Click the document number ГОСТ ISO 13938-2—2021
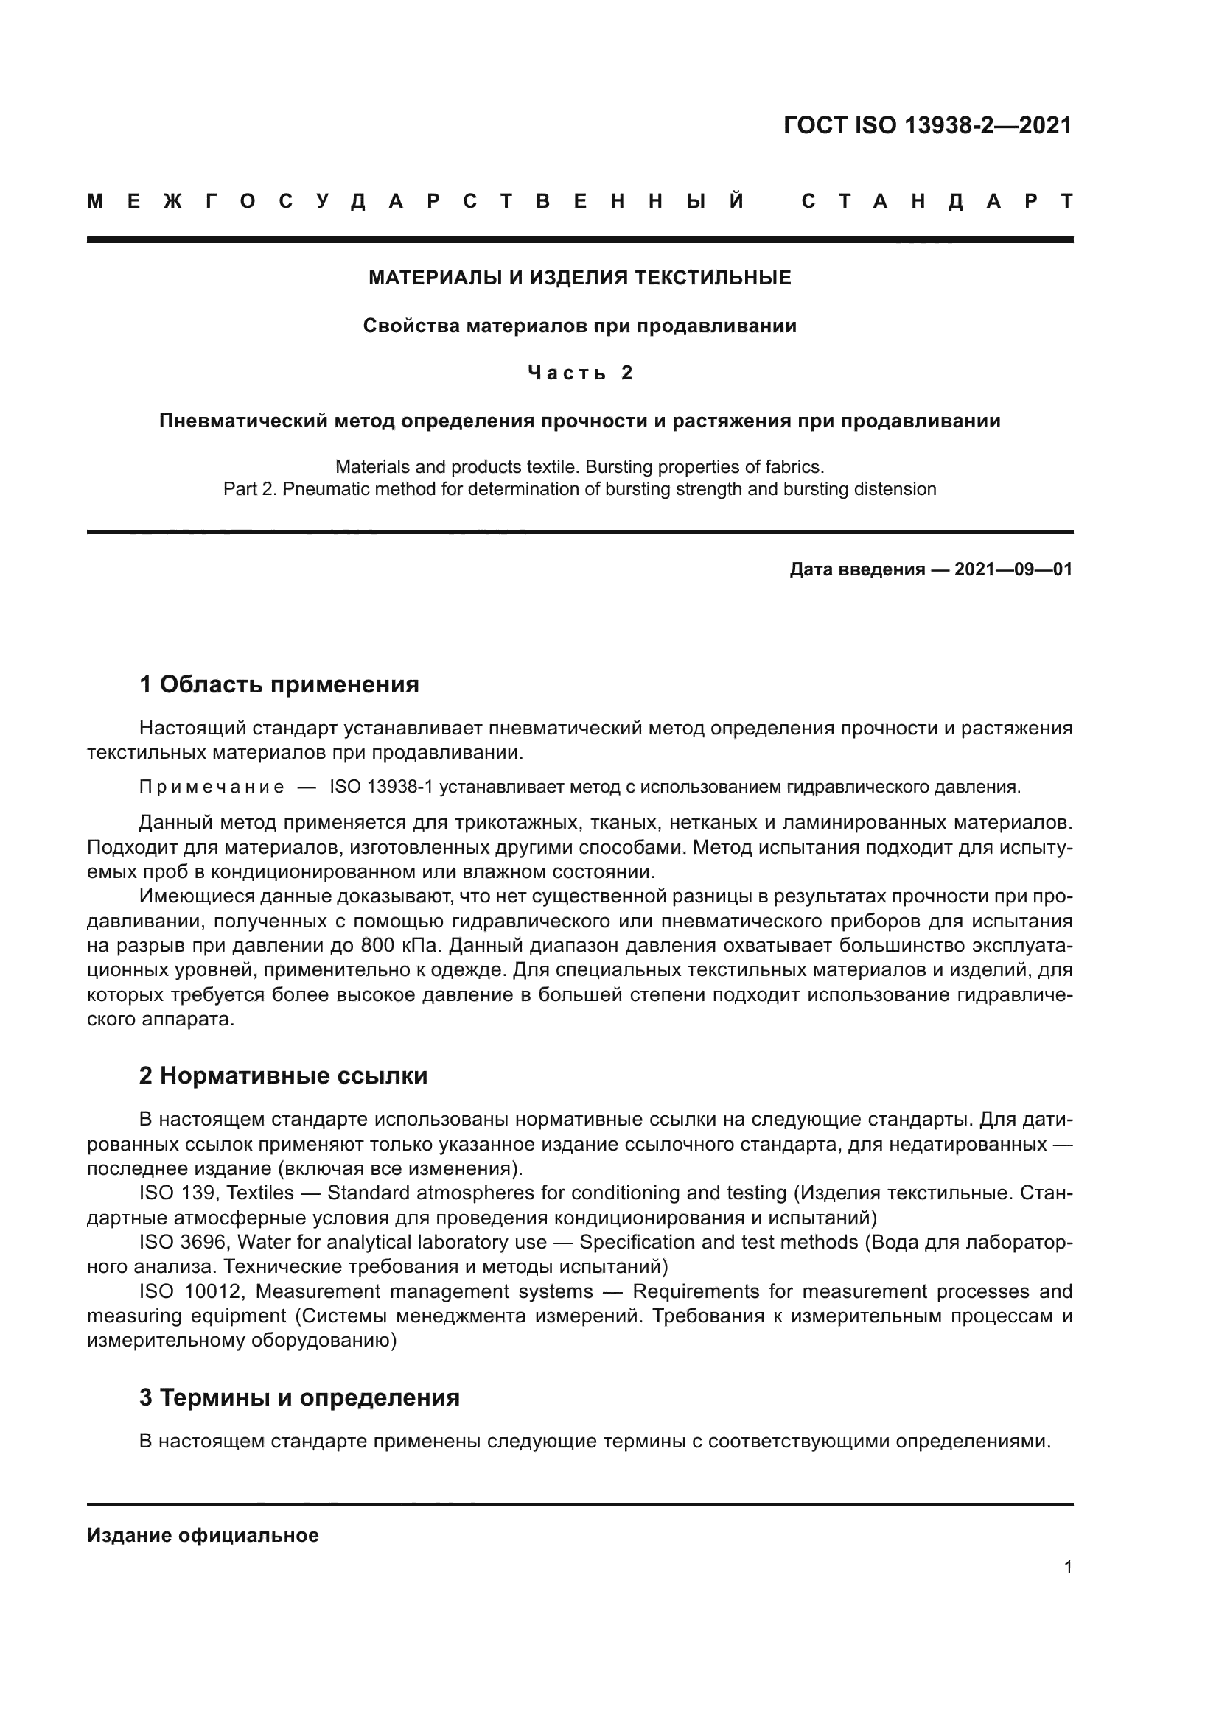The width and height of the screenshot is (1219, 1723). tap(927, 125)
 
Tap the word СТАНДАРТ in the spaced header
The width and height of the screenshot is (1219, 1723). tap(937, 201)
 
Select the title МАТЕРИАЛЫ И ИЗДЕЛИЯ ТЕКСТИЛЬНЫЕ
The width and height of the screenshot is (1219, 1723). tap(579, 278)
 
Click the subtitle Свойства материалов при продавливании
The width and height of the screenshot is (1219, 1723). tap(579, 326)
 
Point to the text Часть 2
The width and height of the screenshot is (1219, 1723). tap(579, 373)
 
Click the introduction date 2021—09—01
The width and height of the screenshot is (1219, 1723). tap(1013, 569)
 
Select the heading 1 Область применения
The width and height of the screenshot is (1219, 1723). tap(279, 684)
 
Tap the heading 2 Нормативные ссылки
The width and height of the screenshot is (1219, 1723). tap(283, 1076)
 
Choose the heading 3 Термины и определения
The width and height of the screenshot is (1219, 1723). tap(298, 1398)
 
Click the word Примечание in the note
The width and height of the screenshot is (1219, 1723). tap(212, 787)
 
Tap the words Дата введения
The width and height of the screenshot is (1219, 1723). tap(856, 569)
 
